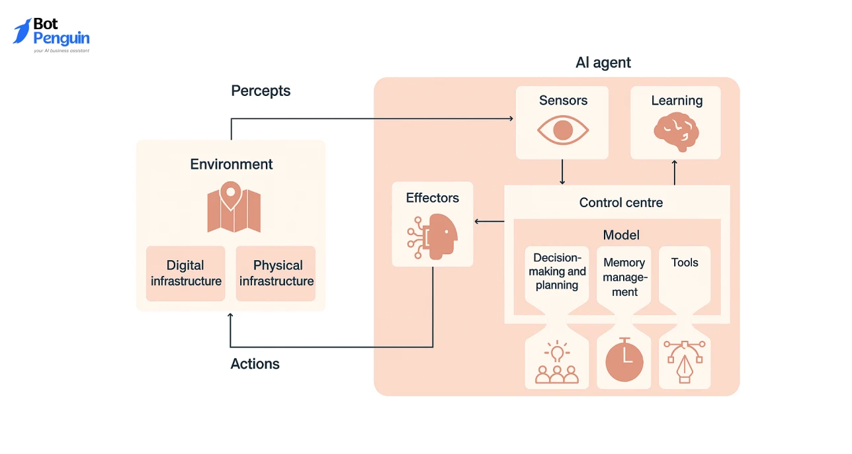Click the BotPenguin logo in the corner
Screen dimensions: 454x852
[x=51, y=35]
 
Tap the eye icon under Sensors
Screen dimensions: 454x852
[x=562, y=130]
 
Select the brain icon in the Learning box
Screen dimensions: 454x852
[x=675, y=131]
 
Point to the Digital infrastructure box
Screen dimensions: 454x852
[x=185, y=273]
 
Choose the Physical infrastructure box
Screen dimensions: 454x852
[x=277, y=273]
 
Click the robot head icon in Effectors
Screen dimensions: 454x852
[x=433, y=236]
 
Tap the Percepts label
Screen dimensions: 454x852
[x=261, y=91]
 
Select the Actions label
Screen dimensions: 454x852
[x=255, y=364]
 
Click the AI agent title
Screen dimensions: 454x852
[x=603, y=63]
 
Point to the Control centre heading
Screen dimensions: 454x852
[x=620, y=203]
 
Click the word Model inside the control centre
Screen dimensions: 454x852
[x=620, y=235]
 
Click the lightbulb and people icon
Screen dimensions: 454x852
[x=556, y=363]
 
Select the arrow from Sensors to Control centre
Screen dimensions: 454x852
[x=562, y=172]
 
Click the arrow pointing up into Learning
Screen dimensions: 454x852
[x=675, y=171]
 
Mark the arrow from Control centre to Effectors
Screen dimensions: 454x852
[x=489, y=222]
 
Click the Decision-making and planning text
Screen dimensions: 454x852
[x=557, y=271]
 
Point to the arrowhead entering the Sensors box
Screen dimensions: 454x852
[x=511, y=118]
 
